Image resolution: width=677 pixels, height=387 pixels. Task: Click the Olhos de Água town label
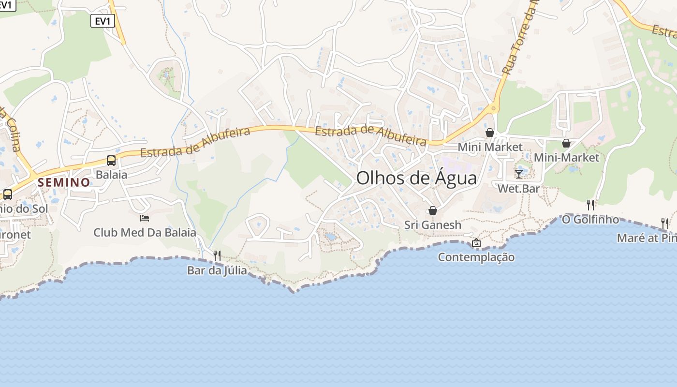[416, 178]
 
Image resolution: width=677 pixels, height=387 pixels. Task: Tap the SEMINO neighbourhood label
[64, 182]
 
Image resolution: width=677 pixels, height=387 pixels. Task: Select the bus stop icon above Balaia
[111, 160]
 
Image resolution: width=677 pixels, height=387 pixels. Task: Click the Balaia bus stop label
[111, 174]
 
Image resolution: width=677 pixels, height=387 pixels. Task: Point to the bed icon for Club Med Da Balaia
[145, 218]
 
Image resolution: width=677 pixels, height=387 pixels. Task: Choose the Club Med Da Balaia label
[145, 233]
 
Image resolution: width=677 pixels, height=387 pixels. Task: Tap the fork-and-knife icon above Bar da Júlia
[217, 255]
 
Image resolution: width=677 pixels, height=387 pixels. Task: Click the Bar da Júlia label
[217, 270]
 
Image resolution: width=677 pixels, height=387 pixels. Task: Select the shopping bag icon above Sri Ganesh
[433, 210]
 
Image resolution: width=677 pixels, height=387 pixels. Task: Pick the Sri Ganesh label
[433, 225]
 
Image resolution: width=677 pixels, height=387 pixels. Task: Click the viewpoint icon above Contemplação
[476, 243]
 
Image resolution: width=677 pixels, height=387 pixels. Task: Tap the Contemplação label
[476, 257]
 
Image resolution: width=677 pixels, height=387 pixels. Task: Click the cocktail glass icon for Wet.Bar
[519, 174]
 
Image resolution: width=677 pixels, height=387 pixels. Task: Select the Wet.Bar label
[518, 189]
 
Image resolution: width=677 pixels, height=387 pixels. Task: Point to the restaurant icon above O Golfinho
[590, 205]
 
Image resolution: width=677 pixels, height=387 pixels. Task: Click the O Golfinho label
[590, 220]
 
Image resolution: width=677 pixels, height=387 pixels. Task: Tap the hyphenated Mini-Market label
[566, 158]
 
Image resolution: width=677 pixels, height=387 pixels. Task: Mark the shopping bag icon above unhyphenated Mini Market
[490, 133]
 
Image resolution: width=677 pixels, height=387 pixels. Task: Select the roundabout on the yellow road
[493, 108]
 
